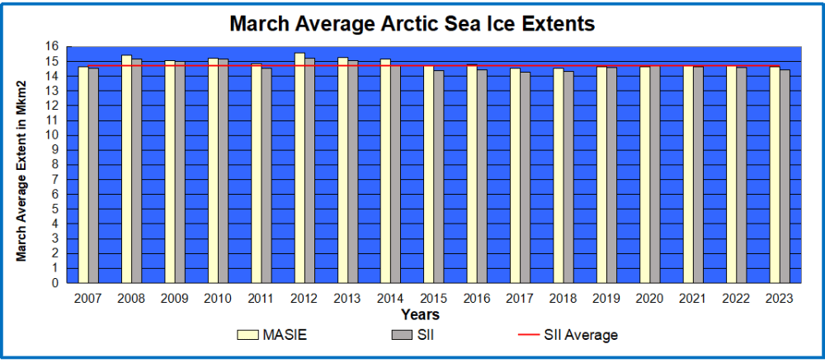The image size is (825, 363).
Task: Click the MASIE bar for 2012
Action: point(299,168)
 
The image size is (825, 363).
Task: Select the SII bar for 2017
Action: point(525,177)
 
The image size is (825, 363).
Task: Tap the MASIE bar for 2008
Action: point(127,169)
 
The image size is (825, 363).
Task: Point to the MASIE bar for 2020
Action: point(645,174)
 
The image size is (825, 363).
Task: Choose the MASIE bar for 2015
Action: point(429,174)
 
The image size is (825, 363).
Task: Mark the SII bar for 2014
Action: point(395,173)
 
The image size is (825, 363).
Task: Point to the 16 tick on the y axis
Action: point(54,47)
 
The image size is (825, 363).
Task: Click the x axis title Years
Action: point(420,314)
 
